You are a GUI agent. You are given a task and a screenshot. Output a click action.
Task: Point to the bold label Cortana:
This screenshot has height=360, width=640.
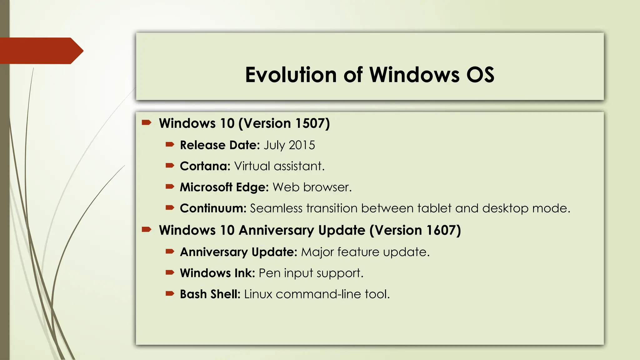point(205,166)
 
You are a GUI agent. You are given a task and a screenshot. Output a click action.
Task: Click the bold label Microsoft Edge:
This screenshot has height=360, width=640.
point(224,187)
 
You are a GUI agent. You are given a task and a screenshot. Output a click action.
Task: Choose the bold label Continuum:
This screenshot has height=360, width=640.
point(213,208)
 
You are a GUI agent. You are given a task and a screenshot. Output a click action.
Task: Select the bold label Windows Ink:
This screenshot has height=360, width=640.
point(217,273)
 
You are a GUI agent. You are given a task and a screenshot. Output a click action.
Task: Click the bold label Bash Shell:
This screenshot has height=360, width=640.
point(210,294)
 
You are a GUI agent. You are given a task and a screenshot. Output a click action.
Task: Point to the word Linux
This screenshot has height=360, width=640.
point(258,294)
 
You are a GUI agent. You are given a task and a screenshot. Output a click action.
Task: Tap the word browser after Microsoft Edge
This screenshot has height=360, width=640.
point(327,187)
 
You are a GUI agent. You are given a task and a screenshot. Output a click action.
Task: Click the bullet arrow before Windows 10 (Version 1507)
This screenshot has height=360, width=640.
point(147,122)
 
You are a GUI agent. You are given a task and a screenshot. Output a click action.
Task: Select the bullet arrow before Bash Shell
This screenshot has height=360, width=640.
point(170,293)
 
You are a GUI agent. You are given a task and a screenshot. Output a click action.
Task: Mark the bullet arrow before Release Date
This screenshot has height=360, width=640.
point(170,144)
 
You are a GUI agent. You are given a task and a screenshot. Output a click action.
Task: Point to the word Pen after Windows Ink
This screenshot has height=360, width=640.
point(269,273)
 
